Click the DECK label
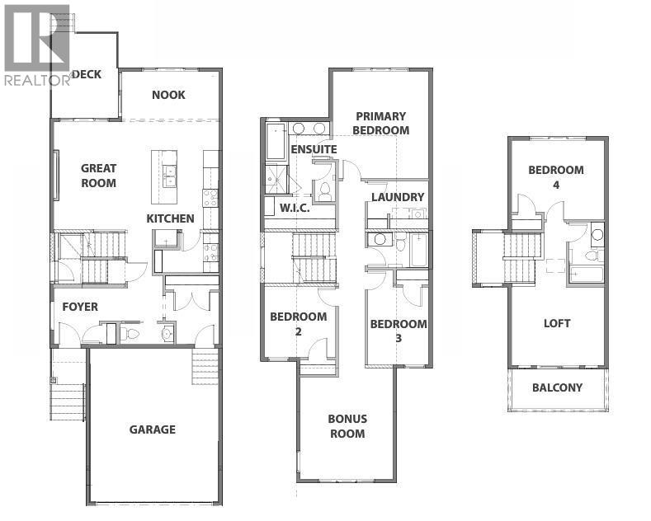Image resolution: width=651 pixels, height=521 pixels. point(87,74)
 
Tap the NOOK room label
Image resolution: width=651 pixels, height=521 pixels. point(168,95)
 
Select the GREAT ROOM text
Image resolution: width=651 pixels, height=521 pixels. point(98,176)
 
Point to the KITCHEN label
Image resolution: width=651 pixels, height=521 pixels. point(170,218)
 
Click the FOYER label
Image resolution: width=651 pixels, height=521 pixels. point(80,307)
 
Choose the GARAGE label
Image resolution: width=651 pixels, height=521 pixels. point(152,429)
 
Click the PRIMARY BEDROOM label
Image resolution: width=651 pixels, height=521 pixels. point(380,124)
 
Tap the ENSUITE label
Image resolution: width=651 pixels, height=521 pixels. point(314,149)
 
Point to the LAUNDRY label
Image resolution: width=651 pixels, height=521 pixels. point(398,197)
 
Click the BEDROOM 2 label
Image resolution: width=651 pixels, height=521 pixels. point(298,324)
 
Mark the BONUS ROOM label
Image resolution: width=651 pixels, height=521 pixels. point(347,426)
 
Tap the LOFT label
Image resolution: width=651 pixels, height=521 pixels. point(557,323)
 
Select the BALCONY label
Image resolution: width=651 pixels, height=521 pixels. point(557,387)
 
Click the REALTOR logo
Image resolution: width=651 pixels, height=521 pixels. point(37,45)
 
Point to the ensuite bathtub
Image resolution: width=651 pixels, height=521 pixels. point(274,141)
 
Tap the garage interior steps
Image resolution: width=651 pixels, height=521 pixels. point(204,361)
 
